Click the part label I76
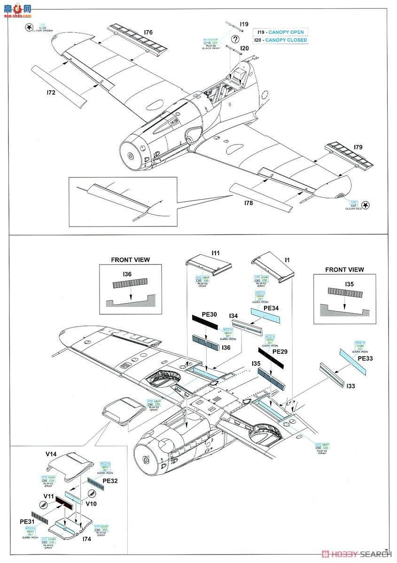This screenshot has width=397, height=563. pyautogui.click(x=135, y=32)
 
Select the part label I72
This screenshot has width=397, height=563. pyautogui.click(x=51, y=93)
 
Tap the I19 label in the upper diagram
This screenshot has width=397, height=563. pyautogui.click(x=244, y=24)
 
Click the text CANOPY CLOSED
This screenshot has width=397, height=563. pyautogui.click(x=286, y=40)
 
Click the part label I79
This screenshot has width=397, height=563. pyautogui.click(x=358, y=147)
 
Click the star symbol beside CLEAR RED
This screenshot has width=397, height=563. pyautogui.click(x=367, y=204)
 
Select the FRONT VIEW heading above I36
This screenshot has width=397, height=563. pyautogui.click(x=130, y=259)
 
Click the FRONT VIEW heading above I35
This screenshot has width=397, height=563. pyautogui.click(x=344, y=269)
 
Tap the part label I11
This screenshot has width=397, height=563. pyautogui.click(x=215, y=253)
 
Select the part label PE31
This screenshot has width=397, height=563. pyautogui.click(x=27, y=521)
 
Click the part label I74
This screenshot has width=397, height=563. pyautogui.click(x=86, y=540)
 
